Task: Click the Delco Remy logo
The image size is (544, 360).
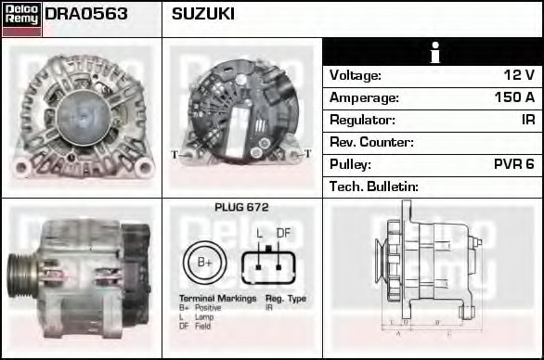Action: [x=21, y=18]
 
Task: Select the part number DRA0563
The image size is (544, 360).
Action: [x=86, y=15]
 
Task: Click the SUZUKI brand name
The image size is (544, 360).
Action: [x=202, y=15]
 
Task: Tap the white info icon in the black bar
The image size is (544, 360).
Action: [x=432, y=52]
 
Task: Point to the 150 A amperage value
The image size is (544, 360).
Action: [x=514, y=97]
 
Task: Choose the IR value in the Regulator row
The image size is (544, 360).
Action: [x=527, y=120]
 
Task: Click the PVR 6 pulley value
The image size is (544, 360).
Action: [x=513, y=164]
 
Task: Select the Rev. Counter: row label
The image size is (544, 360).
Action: [x=371, y=142]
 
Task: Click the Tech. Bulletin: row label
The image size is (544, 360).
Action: [x=374, y=186]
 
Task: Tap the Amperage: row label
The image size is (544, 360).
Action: [x=365, y=97]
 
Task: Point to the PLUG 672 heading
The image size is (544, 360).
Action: [x=241, y=208]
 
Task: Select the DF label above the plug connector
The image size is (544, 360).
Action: [x=284, y=233]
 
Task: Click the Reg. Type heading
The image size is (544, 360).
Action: [x=285, y=299]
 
